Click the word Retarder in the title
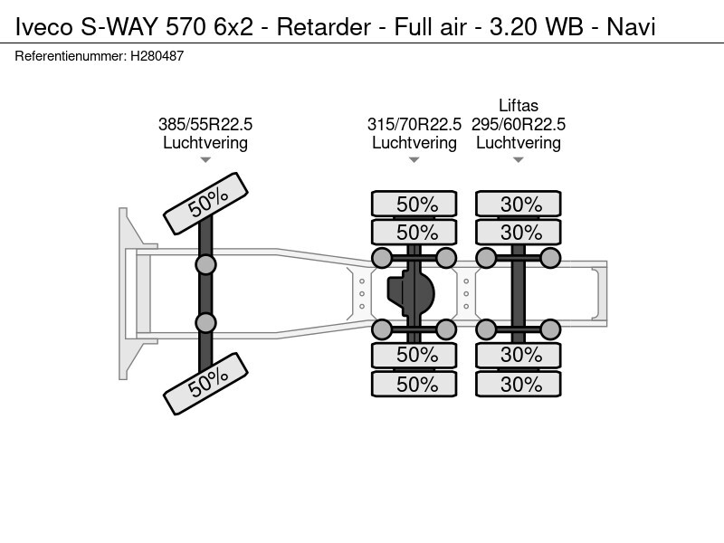323,27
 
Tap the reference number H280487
157,56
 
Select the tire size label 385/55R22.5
205,124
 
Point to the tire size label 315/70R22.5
414,124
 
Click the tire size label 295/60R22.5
518,124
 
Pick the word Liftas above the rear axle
518,106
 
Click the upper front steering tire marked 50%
206,204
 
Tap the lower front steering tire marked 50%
206,384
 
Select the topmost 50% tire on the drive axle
414,204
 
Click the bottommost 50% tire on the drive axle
414,384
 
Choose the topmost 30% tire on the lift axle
518,204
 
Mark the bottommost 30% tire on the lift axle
518,384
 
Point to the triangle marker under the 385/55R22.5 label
205,160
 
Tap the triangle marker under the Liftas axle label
518,160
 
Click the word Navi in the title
631,27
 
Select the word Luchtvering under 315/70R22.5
414,143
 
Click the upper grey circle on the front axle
205,265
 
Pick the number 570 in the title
186,27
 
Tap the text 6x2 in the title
233,27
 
